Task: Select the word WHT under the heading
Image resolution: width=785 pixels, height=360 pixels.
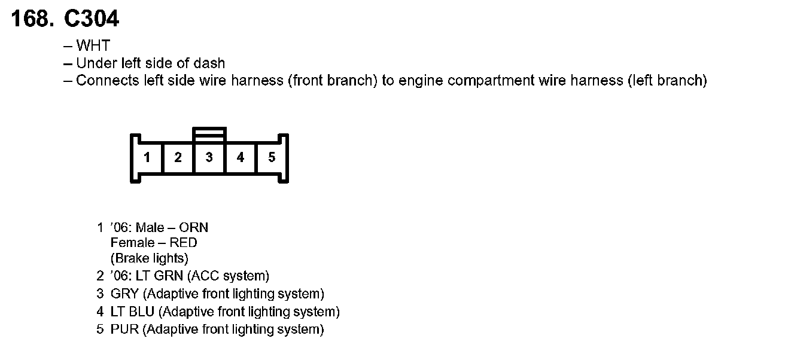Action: pyautogui.click(x=93, y=46)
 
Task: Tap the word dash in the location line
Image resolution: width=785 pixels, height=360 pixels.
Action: pyautogui.click(x=212, y=63)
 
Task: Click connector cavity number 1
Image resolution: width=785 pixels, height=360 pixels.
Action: pyautogui.click(x=147, y=157)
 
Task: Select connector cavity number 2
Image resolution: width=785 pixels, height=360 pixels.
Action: pyautogui.click(x=178, y=157)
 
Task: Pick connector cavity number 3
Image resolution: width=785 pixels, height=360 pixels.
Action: pyautogui.click(x=209, y=157)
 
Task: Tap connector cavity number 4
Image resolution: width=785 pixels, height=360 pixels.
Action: pyautogui.click(x=241, y=157)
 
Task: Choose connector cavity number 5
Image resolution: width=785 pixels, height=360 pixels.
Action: pyautogui.click(x=272, y=157)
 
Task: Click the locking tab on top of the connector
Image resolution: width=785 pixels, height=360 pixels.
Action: pyautogui.click(x=209, y=133)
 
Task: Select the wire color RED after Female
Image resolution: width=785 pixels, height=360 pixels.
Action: pyautogui.click(x=183, y=243)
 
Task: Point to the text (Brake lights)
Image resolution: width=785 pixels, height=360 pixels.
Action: pyautogui.click(x=150, y=258)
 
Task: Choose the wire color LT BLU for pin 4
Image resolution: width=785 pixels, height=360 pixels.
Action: pyautogui.click(x=132, y=312)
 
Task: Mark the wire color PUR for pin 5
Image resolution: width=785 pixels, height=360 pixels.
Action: pyautogui.click(x=124, y=329)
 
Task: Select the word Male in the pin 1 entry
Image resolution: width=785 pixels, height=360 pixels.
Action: pyautogui.click(x=150, y=227)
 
